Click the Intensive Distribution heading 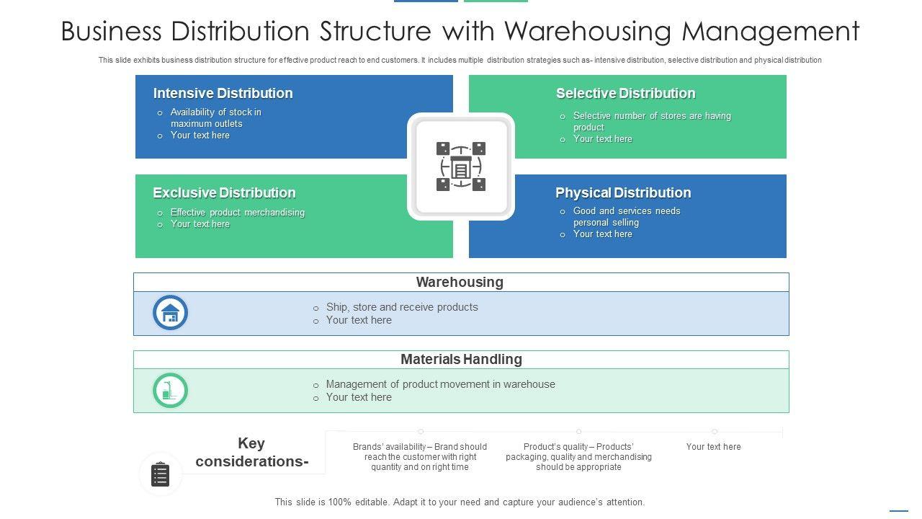click(223, 94)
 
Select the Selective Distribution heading click(625, 94)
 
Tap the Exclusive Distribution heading click(224, 193)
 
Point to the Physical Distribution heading click(623, 193)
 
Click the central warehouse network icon click(461, 167)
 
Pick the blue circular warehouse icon click(171, 313)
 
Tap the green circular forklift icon click(171, 391)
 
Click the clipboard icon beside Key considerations click(161, 474)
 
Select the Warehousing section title click(460, 283)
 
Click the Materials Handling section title click(461, 359)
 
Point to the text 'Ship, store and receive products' click(401, 307)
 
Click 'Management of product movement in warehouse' click(440, 384)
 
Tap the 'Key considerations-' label click(251, 452)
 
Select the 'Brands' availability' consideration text click(420, 457)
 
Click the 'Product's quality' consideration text click(578, 457)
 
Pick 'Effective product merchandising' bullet click(237, 213)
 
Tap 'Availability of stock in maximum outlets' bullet click(215, 118)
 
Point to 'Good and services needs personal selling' click(626, 217)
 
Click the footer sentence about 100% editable click(460, 502)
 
